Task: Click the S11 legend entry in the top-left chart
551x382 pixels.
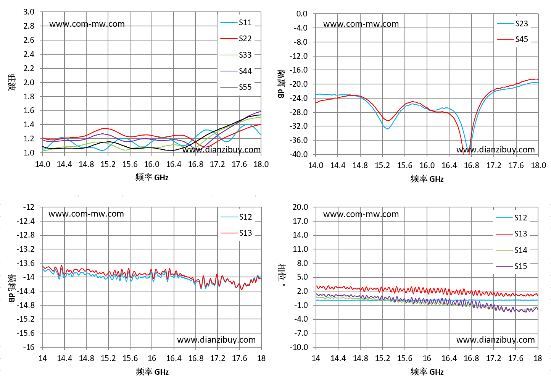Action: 236,23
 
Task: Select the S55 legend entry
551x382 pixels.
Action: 236,87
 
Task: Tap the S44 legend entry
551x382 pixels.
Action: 236,71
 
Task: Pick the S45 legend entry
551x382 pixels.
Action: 512,39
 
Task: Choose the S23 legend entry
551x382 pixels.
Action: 512,24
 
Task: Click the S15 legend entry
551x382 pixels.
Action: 511,266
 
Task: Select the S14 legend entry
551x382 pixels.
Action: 511,250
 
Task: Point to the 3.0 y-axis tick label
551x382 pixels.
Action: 29,12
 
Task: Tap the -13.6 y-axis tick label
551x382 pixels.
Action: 26,263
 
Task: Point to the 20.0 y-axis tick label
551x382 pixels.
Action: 300,207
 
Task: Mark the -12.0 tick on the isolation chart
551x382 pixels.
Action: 298,56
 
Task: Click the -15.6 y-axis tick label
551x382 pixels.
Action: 26,333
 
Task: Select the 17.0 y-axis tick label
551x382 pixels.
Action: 300,221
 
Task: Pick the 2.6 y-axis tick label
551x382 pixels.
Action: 29,40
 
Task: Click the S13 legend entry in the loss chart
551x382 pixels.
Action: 237,233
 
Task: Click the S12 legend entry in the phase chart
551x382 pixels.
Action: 511,218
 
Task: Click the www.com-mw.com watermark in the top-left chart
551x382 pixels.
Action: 87,24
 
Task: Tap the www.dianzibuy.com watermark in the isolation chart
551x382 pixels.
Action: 496,150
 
